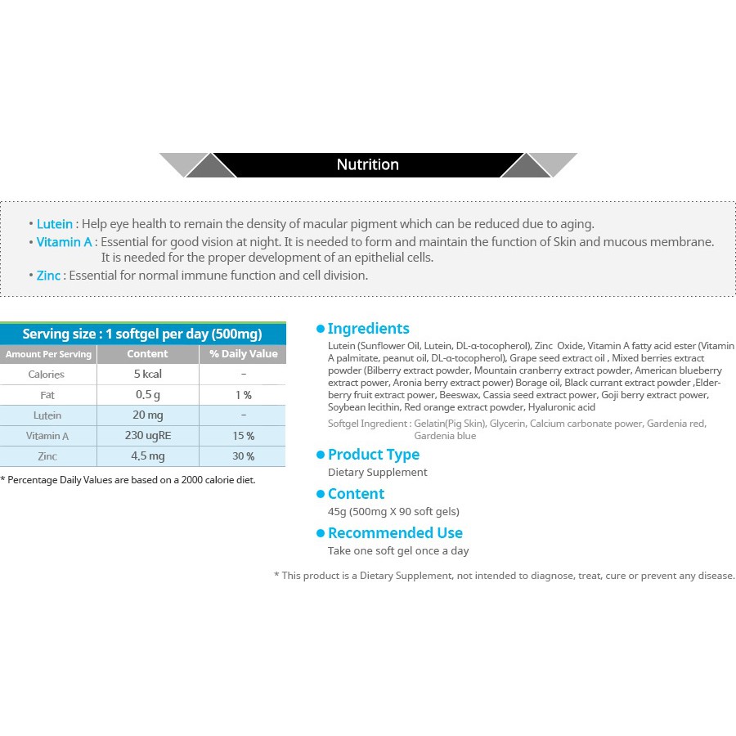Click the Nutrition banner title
coord(367,164)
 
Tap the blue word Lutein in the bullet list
coord(55,223)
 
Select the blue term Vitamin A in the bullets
coord(64,242)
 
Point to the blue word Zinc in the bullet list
coord(48,276)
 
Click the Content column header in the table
coord(147,354)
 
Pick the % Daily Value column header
coord(243,354)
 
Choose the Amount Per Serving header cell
coord(48,354)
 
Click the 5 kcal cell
coord(147,375)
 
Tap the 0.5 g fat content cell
coord(147,395)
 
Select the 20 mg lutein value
coord(147,415)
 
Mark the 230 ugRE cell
coord(147,436)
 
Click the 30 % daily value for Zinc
coord(243,456)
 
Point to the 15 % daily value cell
coord(243,436)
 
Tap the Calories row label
coord(47,375)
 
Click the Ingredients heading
coord(368,329)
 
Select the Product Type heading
coord(373,455)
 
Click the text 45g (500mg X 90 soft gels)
coord(393,512)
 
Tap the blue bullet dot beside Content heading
coord(321,494)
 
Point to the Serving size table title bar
coord(143,334)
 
